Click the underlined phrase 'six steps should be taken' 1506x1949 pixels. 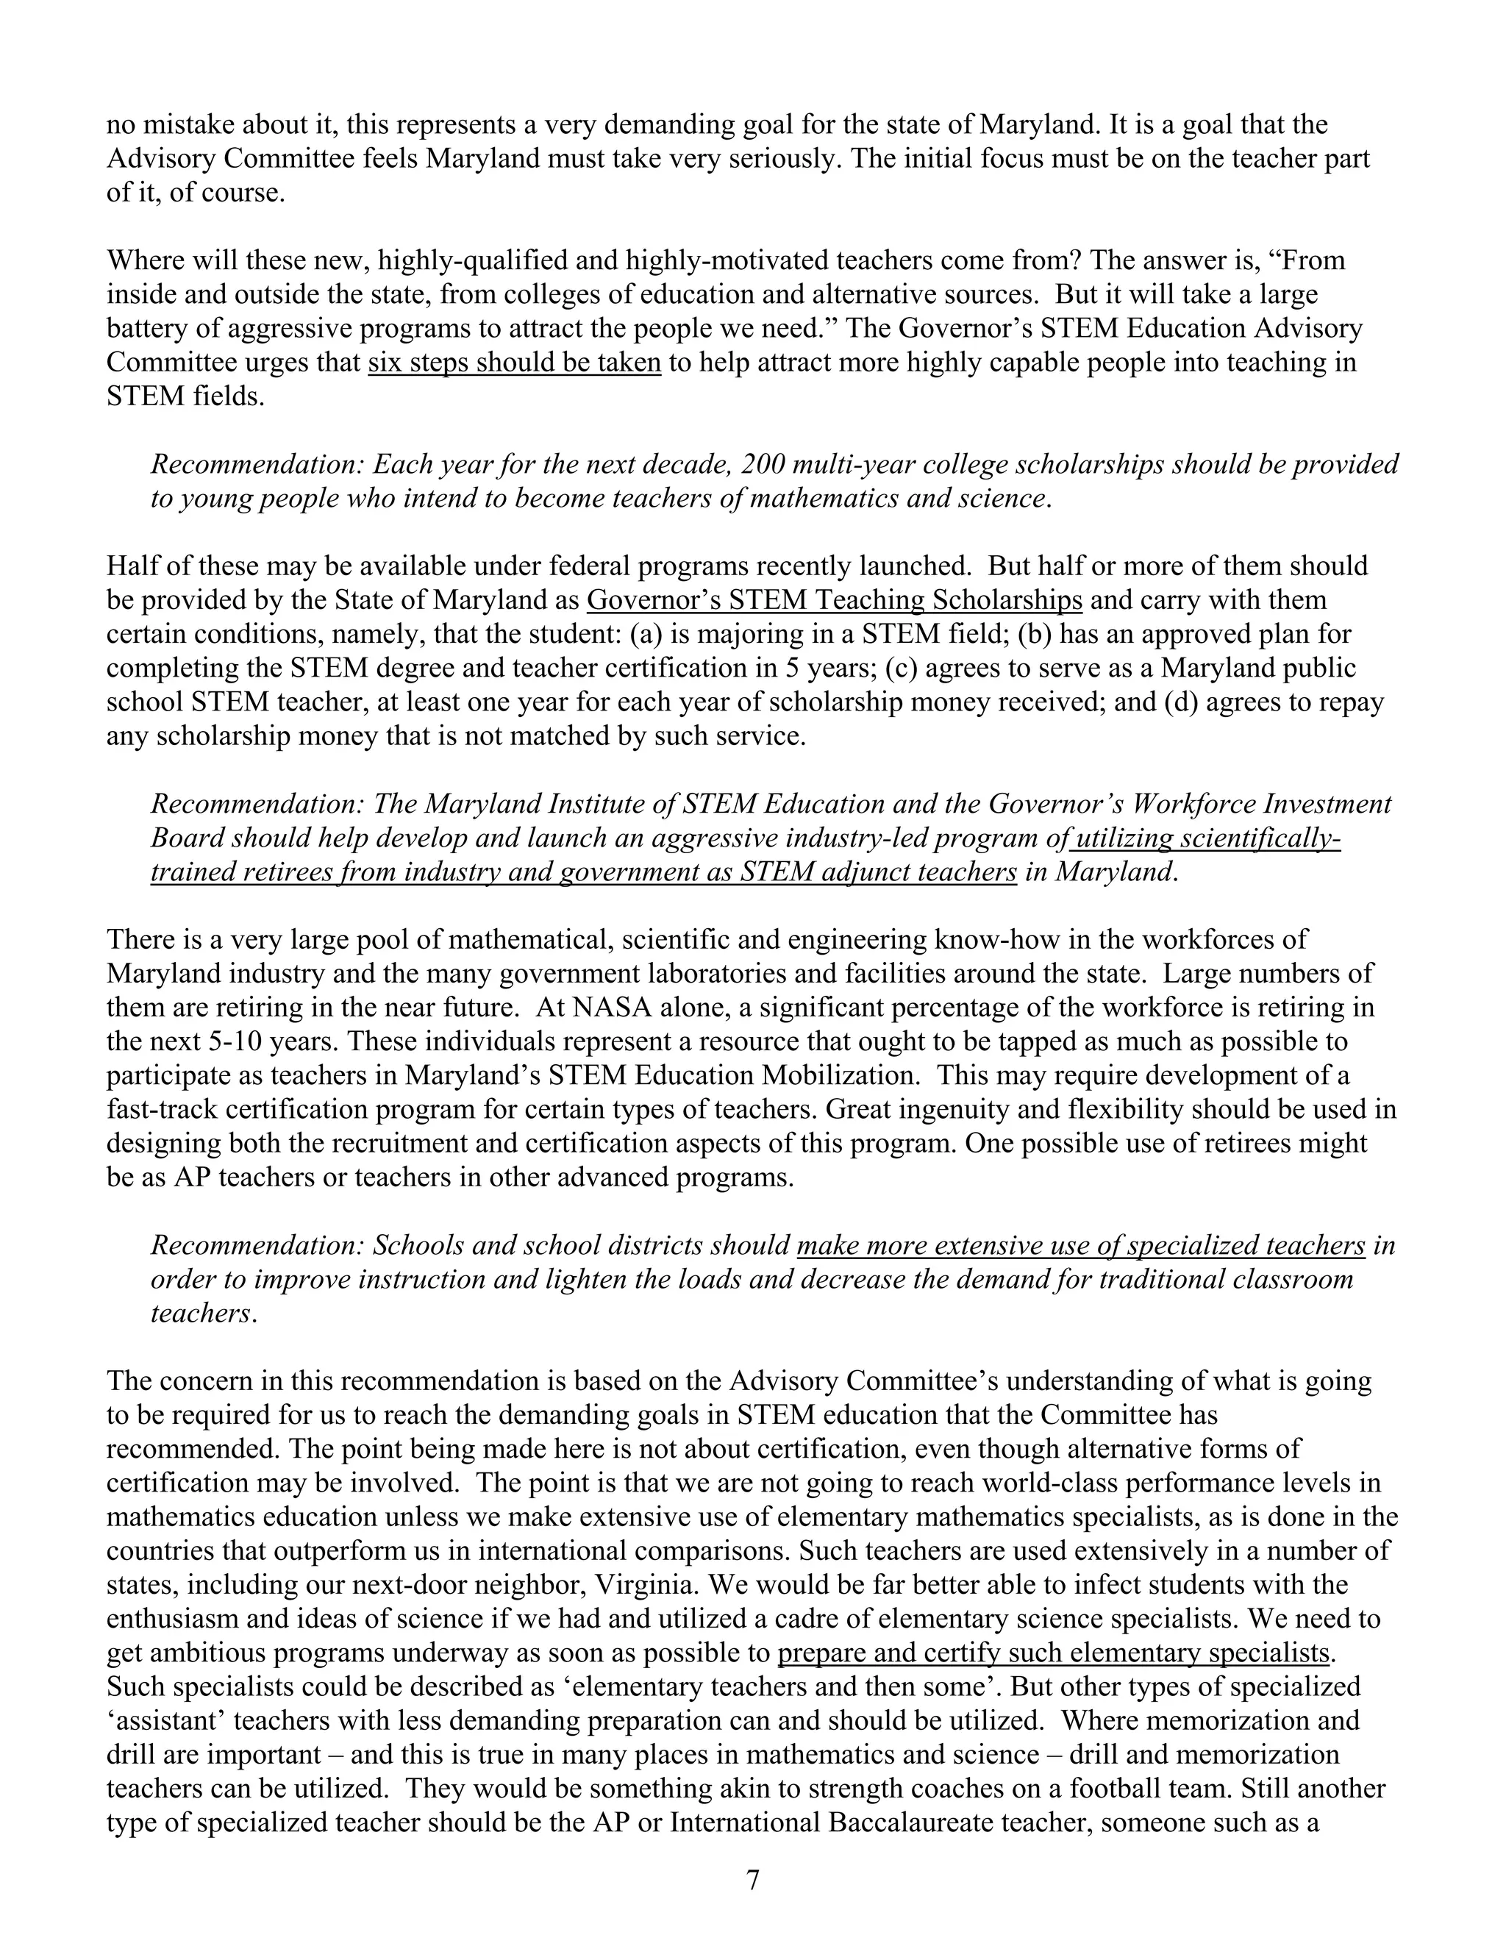point(514,363)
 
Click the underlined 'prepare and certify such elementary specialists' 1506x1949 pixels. point(1053,1653)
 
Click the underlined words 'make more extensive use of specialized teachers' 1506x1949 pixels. point(1080,1246)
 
